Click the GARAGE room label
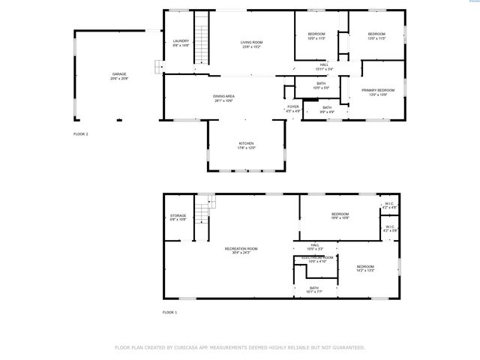119,74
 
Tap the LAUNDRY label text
180,40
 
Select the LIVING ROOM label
251,42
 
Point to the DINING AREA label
224,96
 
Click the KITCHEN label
246,143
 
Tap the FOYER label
293,106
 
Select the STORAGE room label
178,215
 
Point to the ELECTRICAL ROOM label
317,257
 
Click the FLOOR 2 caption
80,133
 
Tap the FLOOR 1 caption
170,311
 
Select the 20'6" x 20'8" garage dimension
119,78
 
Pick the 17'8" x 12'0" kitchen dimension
246,148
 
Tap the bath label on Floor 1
314,287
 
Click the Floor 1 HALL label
315,244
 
